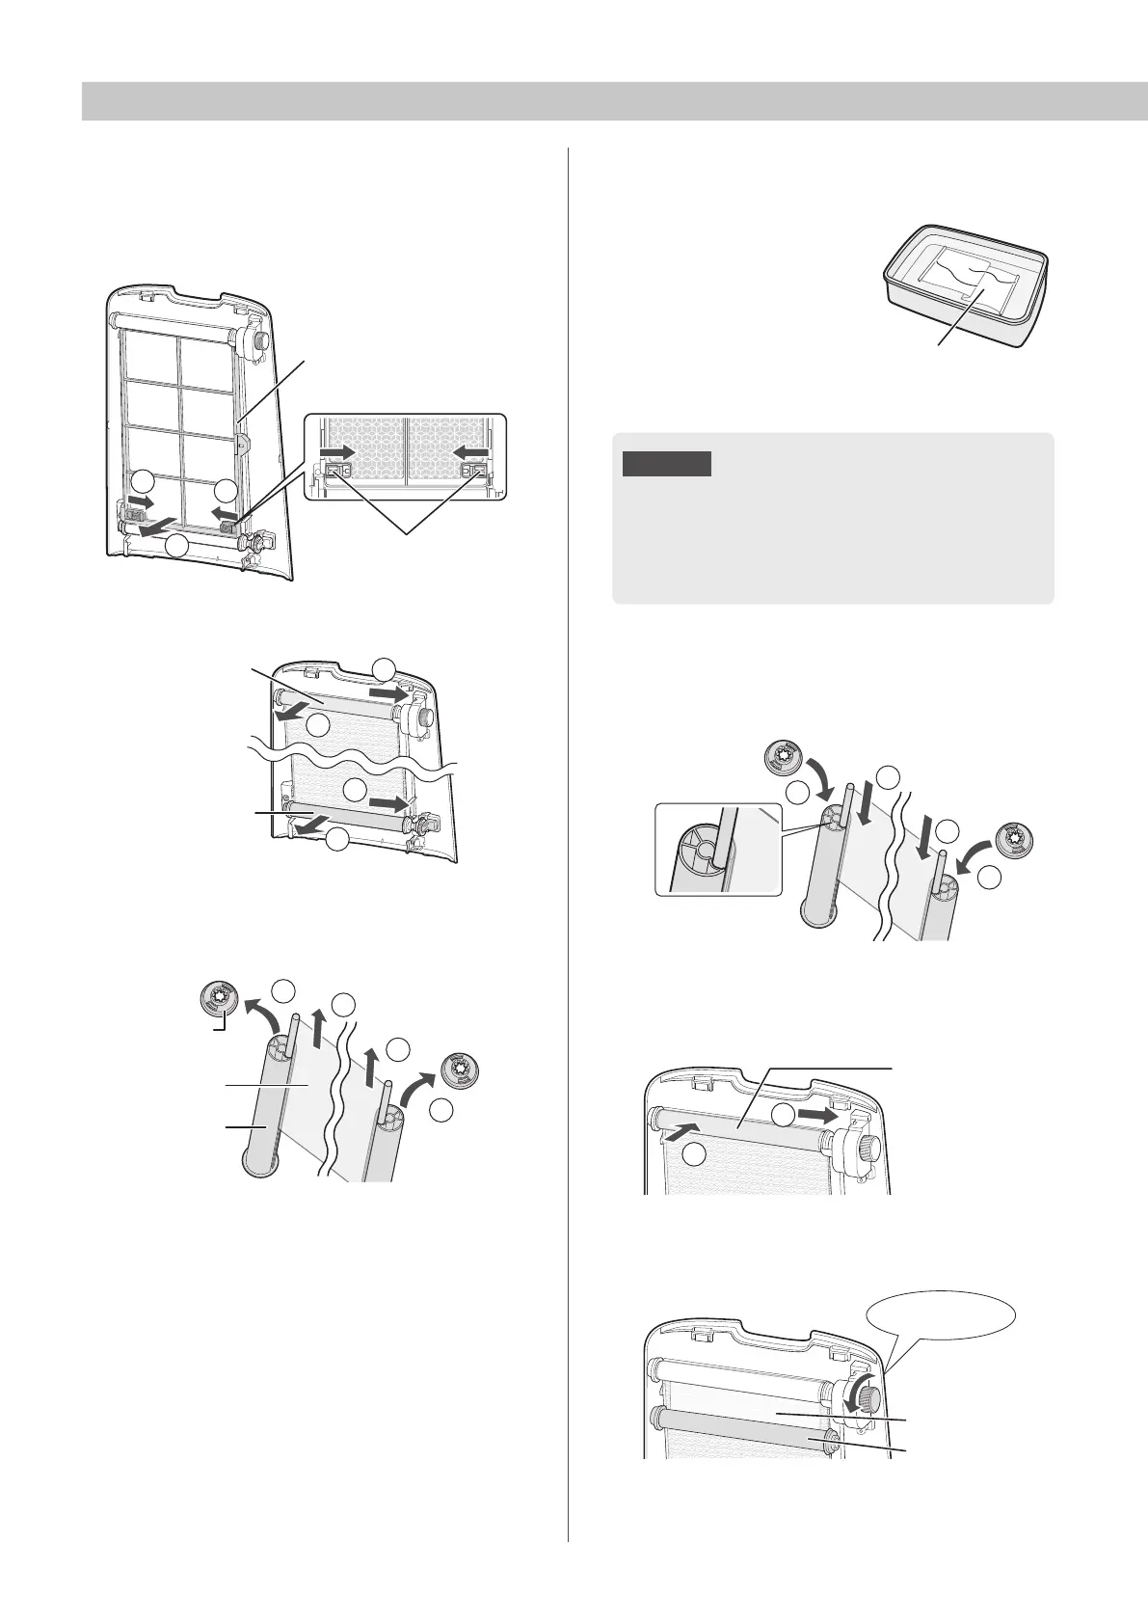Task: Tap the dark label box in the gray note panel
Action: coord(666,464)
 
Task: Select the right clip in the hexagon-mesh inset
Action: coord(474,472)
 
